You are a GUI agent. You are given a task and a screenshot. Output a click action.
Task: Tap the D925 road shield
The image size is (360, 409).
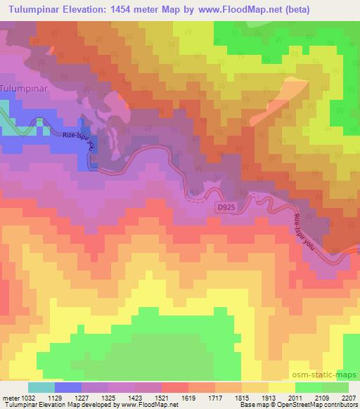point(224,208)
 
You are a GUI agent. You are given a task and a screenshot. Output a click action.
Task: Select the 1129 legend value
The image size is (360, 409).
point(64,398)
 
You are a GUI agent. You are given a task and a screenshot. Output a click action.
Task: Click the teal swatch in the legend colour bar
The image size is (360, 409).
point(41,387)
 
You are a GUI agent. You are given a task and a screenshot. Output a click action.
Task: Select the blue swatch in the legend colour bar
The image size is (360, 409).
point(68,387)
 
